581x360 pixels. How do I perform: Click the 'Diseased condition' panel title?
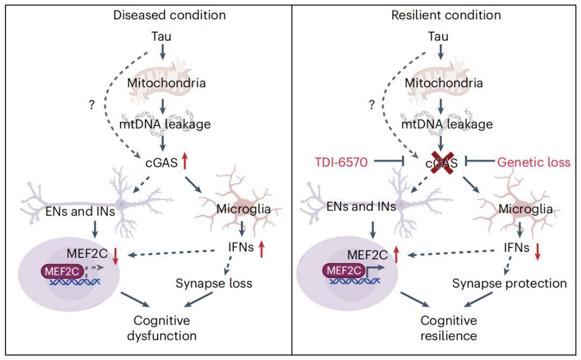[x=169, y=15]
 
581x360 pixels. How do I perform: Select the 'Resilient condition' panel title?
[x=445, y=15]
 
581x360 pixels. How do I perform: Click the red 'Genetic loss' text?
[x=533, y=161]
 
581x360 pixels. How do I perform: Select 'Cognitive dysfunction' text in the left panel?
[x=161, y=328]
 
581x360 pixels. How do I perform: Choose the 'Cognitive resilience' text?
[x=449, y=328]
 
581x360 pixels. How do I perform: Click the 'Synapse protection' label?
[x=509, y=283]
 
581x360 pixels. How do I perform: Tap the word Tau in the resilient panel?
[x=441, y=36]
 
